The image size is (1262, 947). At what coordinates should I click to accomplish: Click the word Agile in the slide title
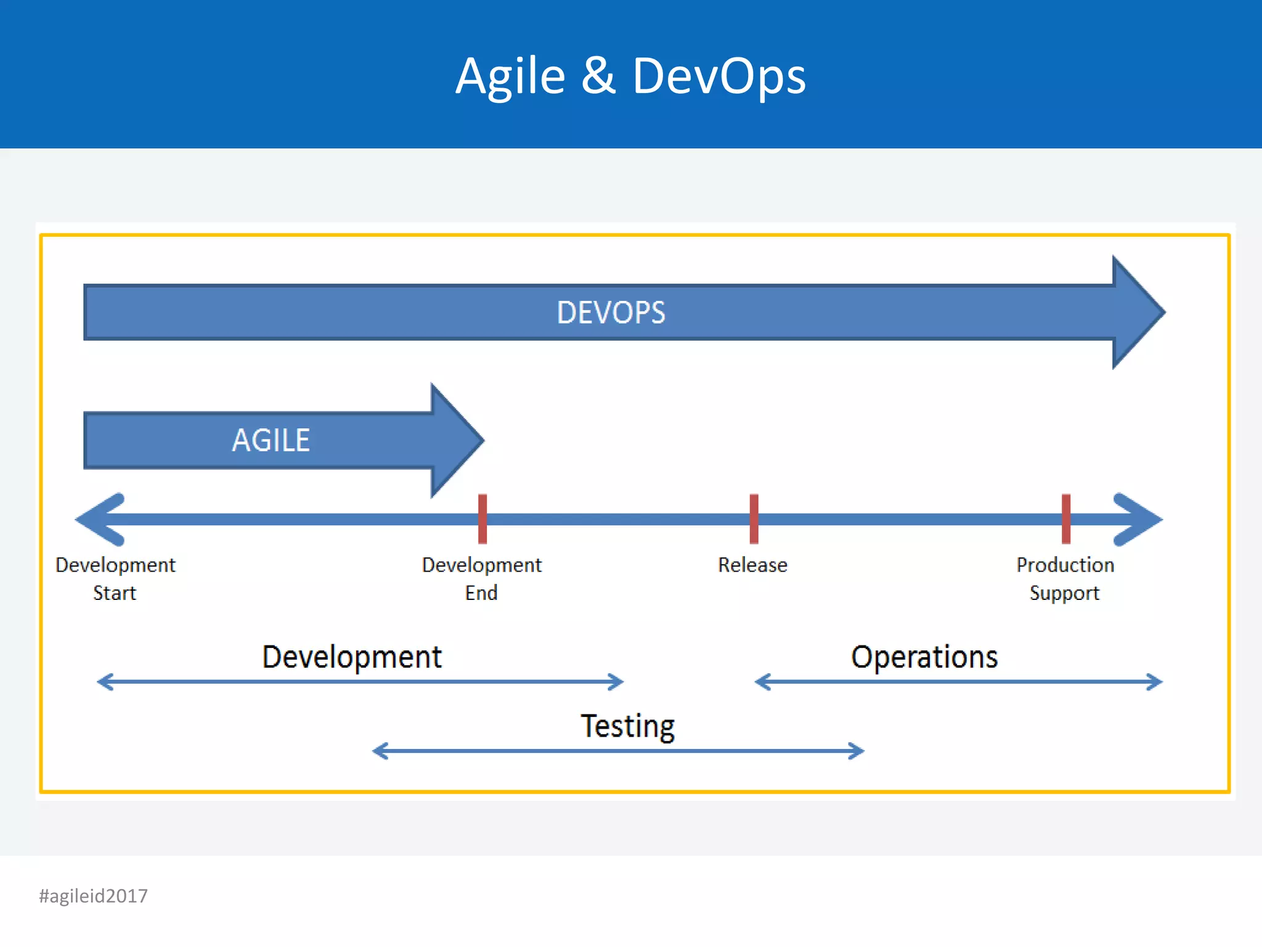pos(510,76)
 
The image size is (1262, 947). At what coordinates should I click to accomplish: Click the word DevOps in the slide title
pos(719,76)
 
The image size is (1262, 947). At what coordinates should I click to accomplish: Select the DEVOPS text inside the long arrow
pos(611,313)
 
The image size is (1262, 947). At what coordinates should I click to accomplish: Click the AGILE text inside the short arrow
pos(271,440)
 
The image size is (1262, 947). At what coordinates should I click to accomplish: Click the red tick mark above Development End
pos(482,519)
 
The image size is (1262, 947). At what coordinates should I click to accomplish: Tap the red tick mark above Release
pos(754,519)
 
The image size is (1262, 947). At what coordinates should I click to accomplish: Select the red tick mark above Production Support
pos(1066,519)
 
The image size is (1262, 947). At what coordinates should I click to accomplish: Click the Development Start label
pos(115,578)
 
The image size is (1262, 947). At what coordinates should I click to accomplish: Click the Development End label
pos(481,578)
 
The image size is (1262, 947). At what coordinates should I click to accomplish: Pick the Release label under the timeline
pos(752,565)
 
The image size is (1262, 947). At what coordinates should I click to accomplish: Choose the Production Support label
pos(1065,578)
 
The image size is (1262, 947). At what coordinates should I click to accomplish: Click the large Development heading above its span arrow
pos(352,657)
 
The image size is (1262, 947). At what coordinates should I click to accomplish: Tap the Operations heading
pos(924,657)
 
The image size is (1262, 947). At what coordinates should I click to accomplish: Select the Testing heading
pos(628,726)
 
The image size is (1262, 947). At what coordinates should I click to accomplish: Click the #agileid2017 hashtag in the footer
pos(94,896)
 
